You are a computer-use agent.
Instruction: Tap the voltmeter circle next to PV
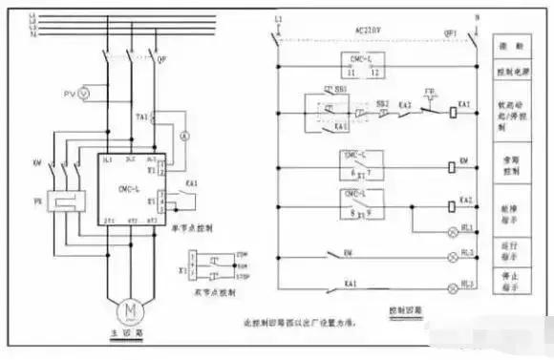[x=82, y=95]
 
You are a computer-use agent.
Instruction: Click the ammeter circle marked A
[x=186, y=137]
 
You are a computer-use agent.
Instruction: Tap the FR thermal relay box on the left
[x=58, y=202]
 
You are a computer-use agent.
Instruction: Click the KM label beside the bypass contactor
[x=38, y=163]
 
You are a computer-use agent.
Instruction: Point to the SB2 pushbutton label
[x=382, y=102]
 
